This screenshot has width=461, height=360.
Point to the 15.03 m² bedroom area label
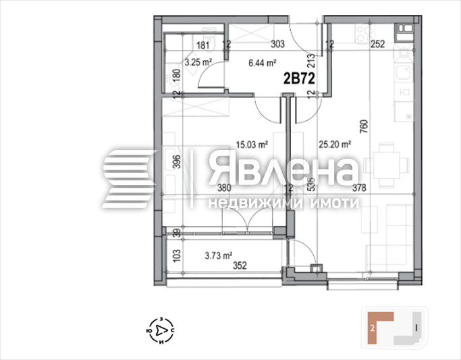(252, 143)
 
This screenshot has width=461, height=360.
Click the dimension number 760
(364, 126)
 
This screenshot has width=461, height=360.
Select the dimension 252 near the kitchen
(378, 46)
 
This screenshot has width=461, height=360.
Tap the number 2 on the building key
(372, 329)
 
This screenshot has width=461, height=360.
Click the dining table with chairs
(388, 164)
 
